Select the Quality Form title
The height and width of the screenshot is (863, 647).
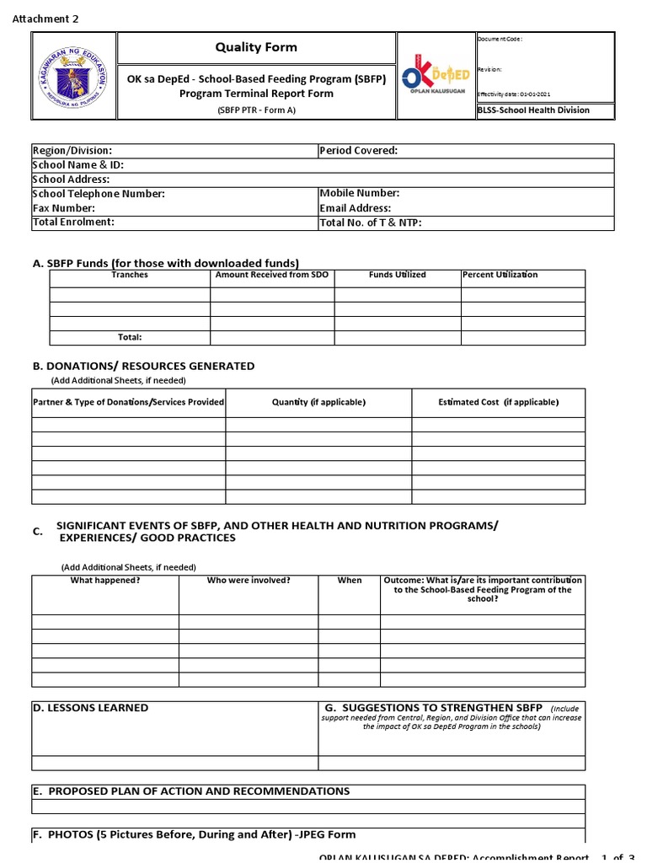[257, 47]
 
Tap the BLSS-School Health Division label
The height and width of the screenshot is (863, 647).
[533, 110]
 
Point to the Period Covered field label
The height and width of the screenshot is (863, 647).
[358, 151]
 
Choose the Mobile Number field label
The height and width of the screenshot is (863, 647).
[359, 194]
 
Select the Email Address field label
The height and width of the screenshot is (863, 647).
[356, 208]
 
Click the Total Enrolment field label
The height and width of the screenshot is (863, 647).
[73, 222]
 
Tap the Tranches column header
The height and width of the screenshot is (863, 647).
[130, 275]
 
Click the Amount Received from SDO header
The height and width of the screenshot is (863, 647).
[272, 275]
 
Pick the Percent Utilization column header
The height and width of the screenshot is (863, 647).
[500, 275]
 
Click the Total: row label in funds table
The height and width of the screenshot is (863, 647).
[130, 337]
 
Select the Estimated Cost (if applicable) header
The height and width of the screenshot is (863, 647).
[498, 402]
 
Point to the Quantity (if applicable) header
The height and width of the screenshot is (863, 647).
[318, 402]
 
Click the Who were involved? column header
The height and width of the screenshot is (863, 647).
[249, 581]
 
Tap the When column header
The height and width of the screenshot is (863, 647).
[350, 581]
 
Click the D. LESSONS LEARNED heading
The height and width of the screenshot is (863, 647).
[90, 708]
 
